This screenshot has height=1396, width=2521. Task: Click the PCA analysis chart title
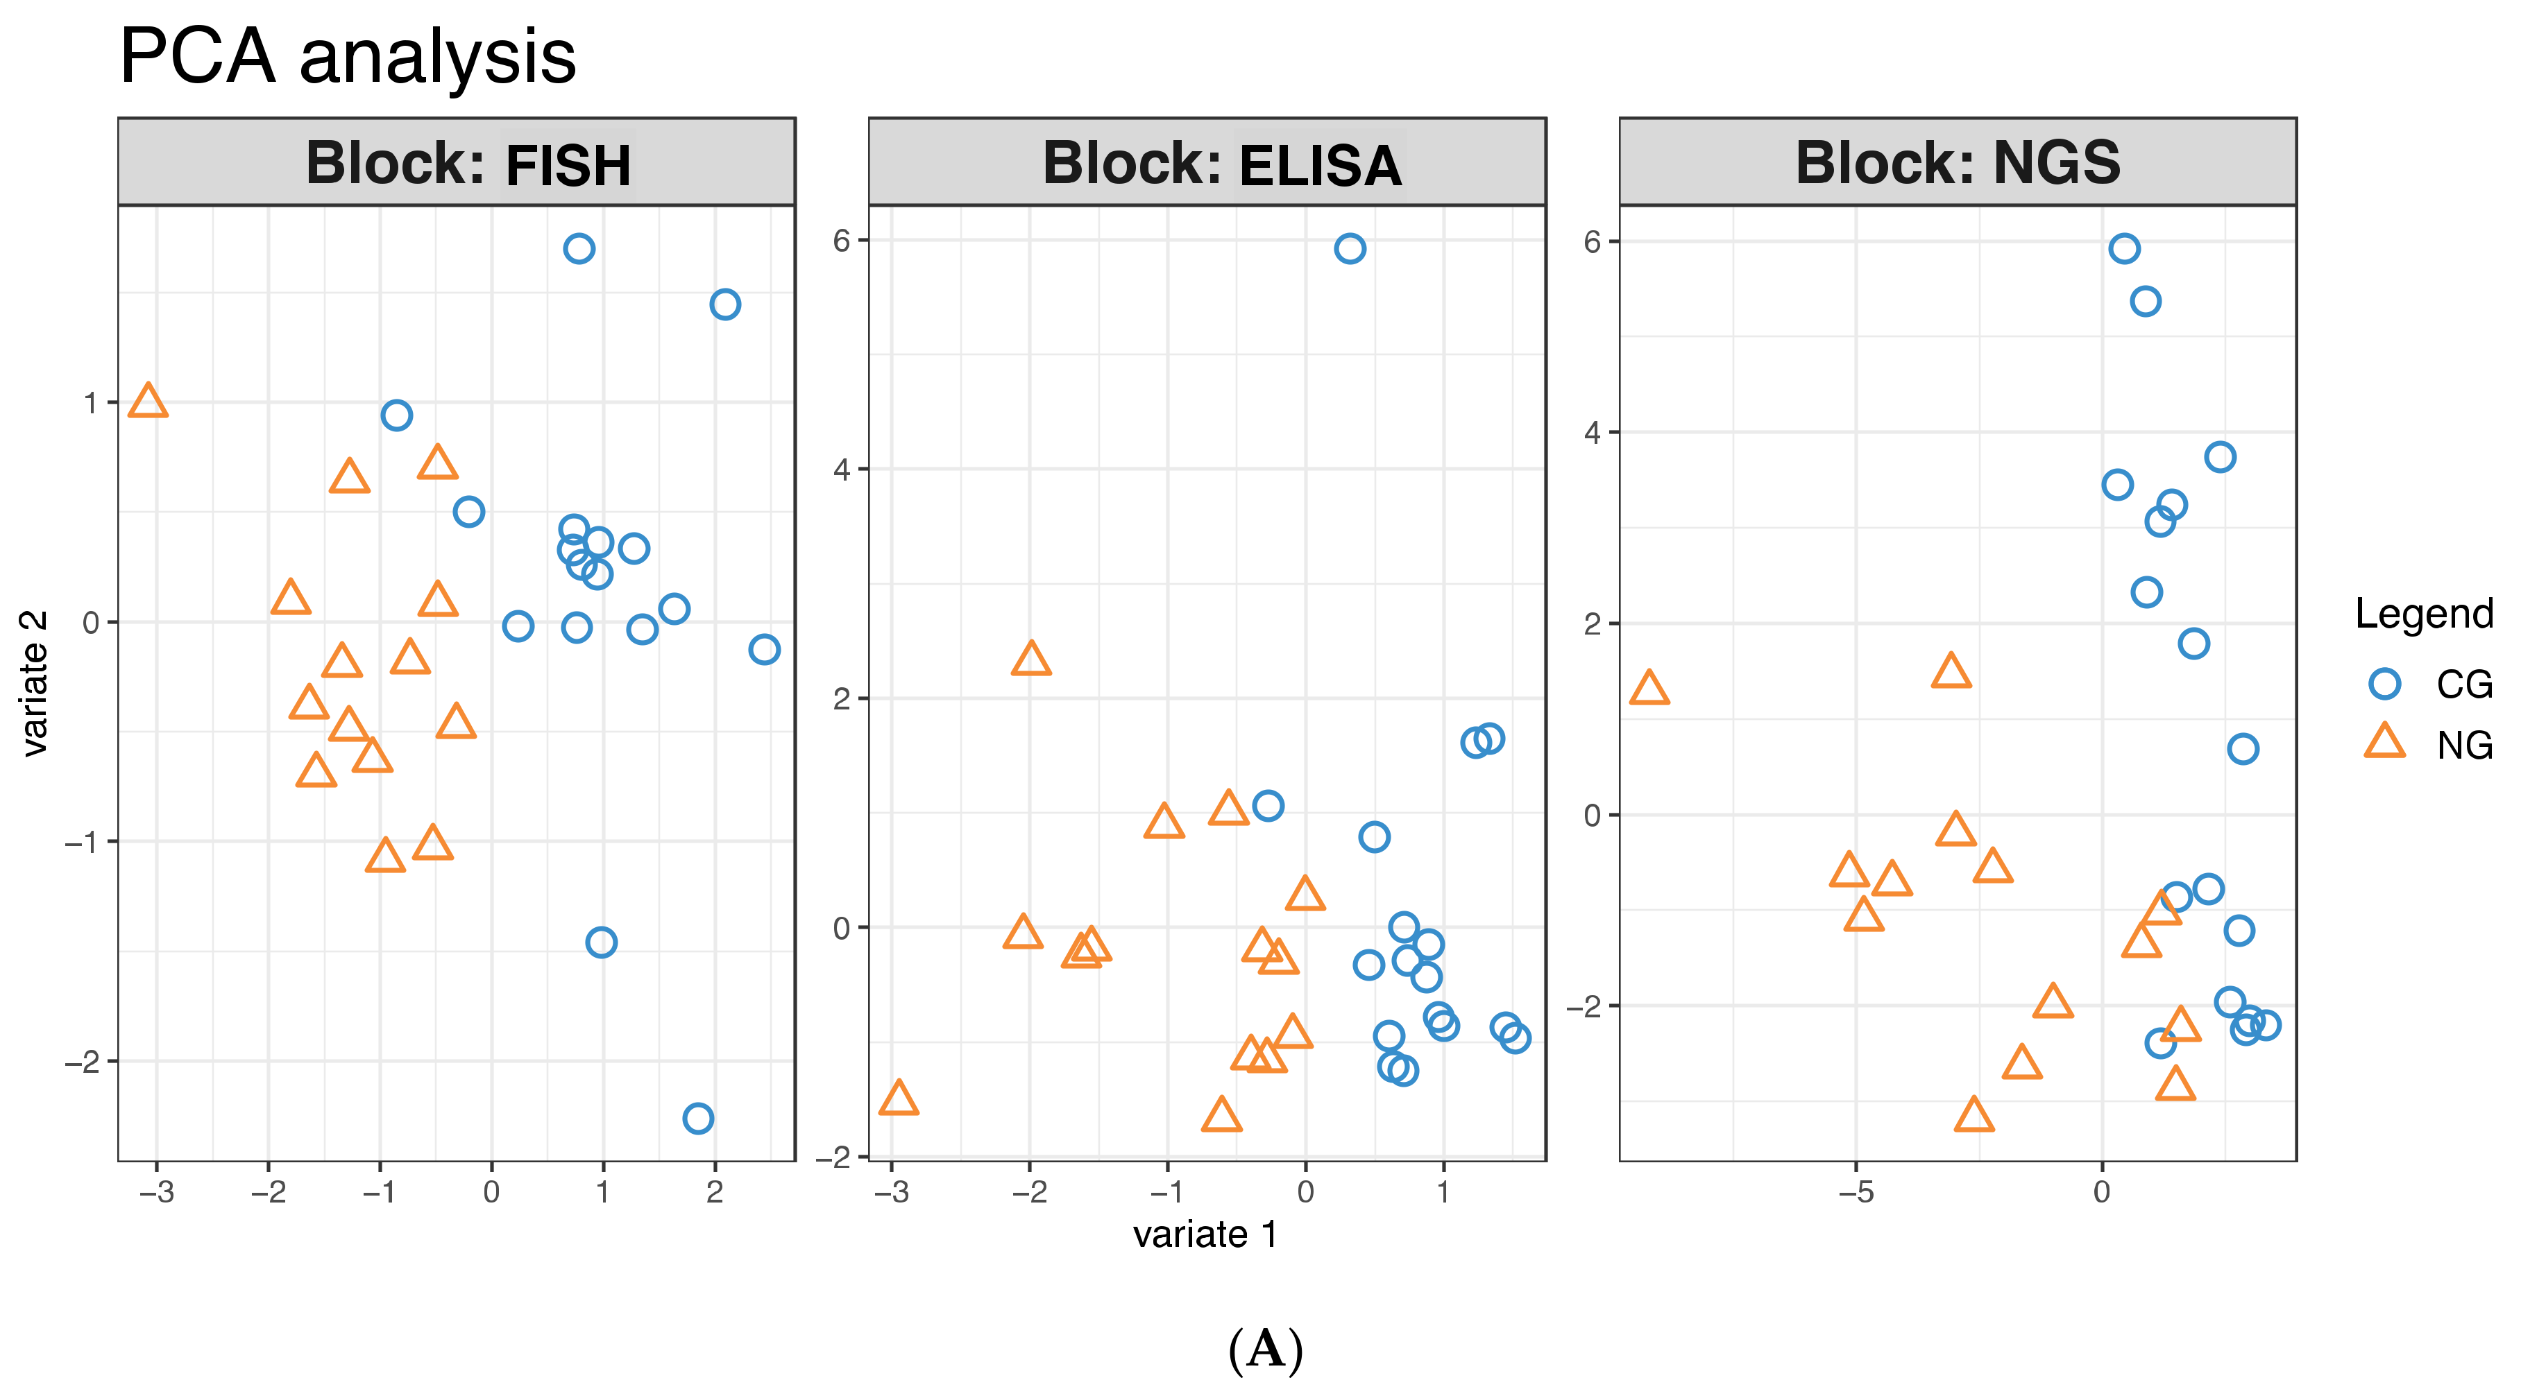(x=348, y=57)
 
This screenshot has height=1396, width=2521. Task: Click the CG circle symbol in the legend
(x=2384, y=684)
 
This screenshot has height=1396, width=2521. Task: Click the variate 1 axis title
(x=1206, y=1234)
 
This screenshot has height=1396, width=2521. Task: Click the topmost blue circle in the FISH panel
(x=579, y=248)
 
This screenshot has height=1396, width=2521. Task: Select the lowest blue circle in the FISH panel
(x=698, y=1118)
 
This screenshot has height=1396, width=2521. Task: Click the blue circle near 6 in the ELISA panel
(x=1350, y=248)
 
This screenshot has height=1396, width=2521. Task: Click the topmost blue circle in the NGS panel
(x=2123, y=248)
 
